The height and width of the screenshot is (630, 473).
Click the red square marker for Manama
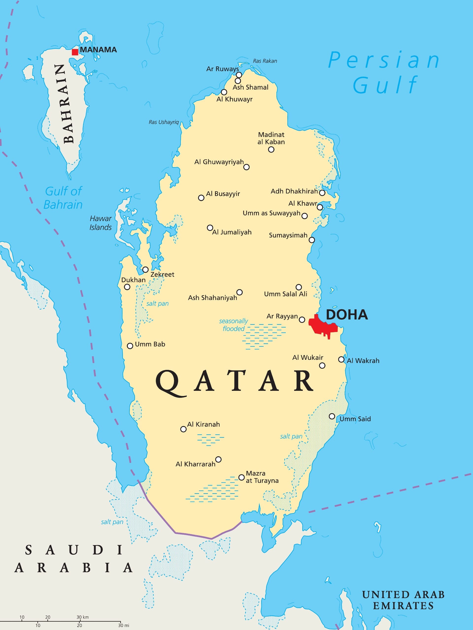click(x=75, y=52)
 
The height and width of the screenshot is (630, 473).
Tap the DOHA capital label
click(x=347, y=315)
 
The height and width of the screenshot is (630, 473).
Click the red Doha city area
click(x=324, y=326)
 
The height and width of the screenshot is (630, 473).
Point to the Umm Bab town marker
click(x=130, y=346)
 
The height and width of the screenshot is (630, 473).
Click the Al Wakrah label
click(x=363, y=361)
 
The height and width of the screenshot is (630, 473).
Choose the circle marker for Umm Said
click(x=332, y=416)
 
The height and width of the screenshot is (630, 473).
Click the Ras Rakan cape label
click(x=265, y=61)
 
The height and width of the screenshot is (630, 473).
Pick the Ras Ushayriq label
click(x=164, y=122)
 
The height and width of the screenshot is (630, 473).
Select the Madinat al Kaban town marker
click(x=271, y=150)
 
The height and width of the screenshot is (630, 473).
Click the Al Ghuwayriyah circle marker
click(x=247, y=167)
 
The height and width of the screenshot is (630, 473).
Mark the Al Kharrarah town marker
click(x=219, y=459)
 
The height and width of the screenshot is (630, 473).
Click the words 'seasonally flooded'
click(x=234, y=325)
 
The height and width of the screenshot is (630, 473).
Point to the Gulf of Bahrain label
click(x=63, y=198)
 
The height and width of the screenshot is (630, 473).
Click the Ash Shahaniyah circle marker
click(x=239, y=292)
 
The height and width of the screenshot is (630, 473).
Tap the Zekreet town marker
click(x=145, y=269)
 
